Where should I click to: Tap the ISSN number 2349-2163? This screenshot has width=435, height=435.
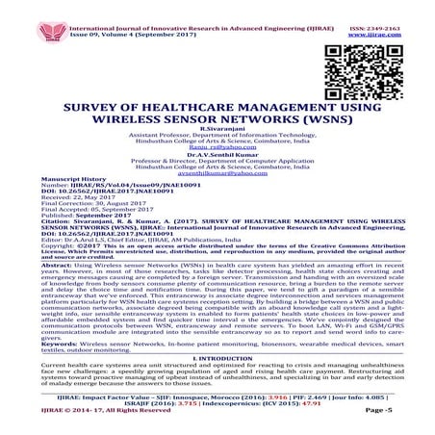coord(393,6)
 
